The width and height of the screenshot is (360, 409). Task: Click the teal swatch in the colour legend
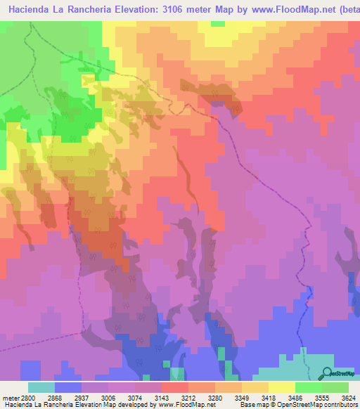pos(41,387)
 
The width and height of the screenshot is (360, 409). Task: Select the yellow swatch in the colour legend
pos(281,387)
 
